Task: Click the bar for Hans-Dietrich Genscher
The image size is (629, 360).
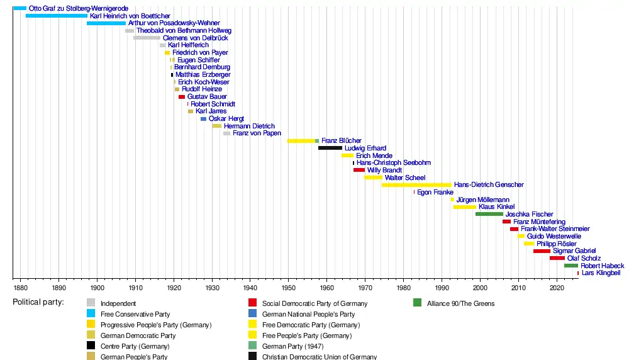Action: click(416, 185)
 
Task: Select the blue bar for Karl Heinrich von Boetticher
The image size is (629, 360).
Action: click(57, 16)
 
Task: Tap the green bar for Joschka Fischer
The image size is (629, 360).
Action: click(489, 214)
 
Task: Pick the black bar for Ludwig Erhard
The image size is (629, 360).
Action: click(330, 148)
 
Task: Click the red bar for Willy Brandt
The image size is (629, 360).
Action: click(359, 170)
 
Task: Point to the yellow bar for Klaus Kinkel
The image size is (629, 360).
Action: click(465, 206)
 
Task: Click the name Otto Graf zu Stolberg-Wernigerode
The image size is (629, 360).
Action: click(79, 8)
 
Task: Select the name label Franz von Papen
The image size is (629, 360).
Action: click(257, 133)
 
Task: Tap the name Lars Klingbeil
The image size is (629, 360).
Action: click(601, 273)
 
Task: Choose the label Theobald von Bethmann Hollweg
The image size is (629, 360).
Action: click(184, 30)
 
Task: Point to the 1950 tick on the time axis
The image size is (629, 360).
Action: click(288, 288)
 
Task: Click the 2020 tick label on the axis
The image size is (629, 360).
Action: click(557, 288)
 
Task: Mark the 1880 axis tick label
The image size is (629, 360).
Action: click(20, 288)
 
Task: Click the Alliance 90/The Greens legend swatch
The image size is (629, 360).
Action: click(418, 303)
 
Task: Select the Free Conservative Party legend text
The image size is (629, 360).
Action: click(135, 314)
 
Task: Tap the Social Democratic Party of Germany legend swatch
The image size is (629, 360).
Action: click(252, 303)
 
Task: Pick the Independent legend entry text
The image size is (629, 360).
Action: click(118, 303)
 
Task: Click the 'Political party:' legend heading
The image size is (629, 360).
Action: click(38, 303)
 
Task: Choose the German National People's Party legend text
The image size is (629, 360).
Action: click(308, 314)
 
